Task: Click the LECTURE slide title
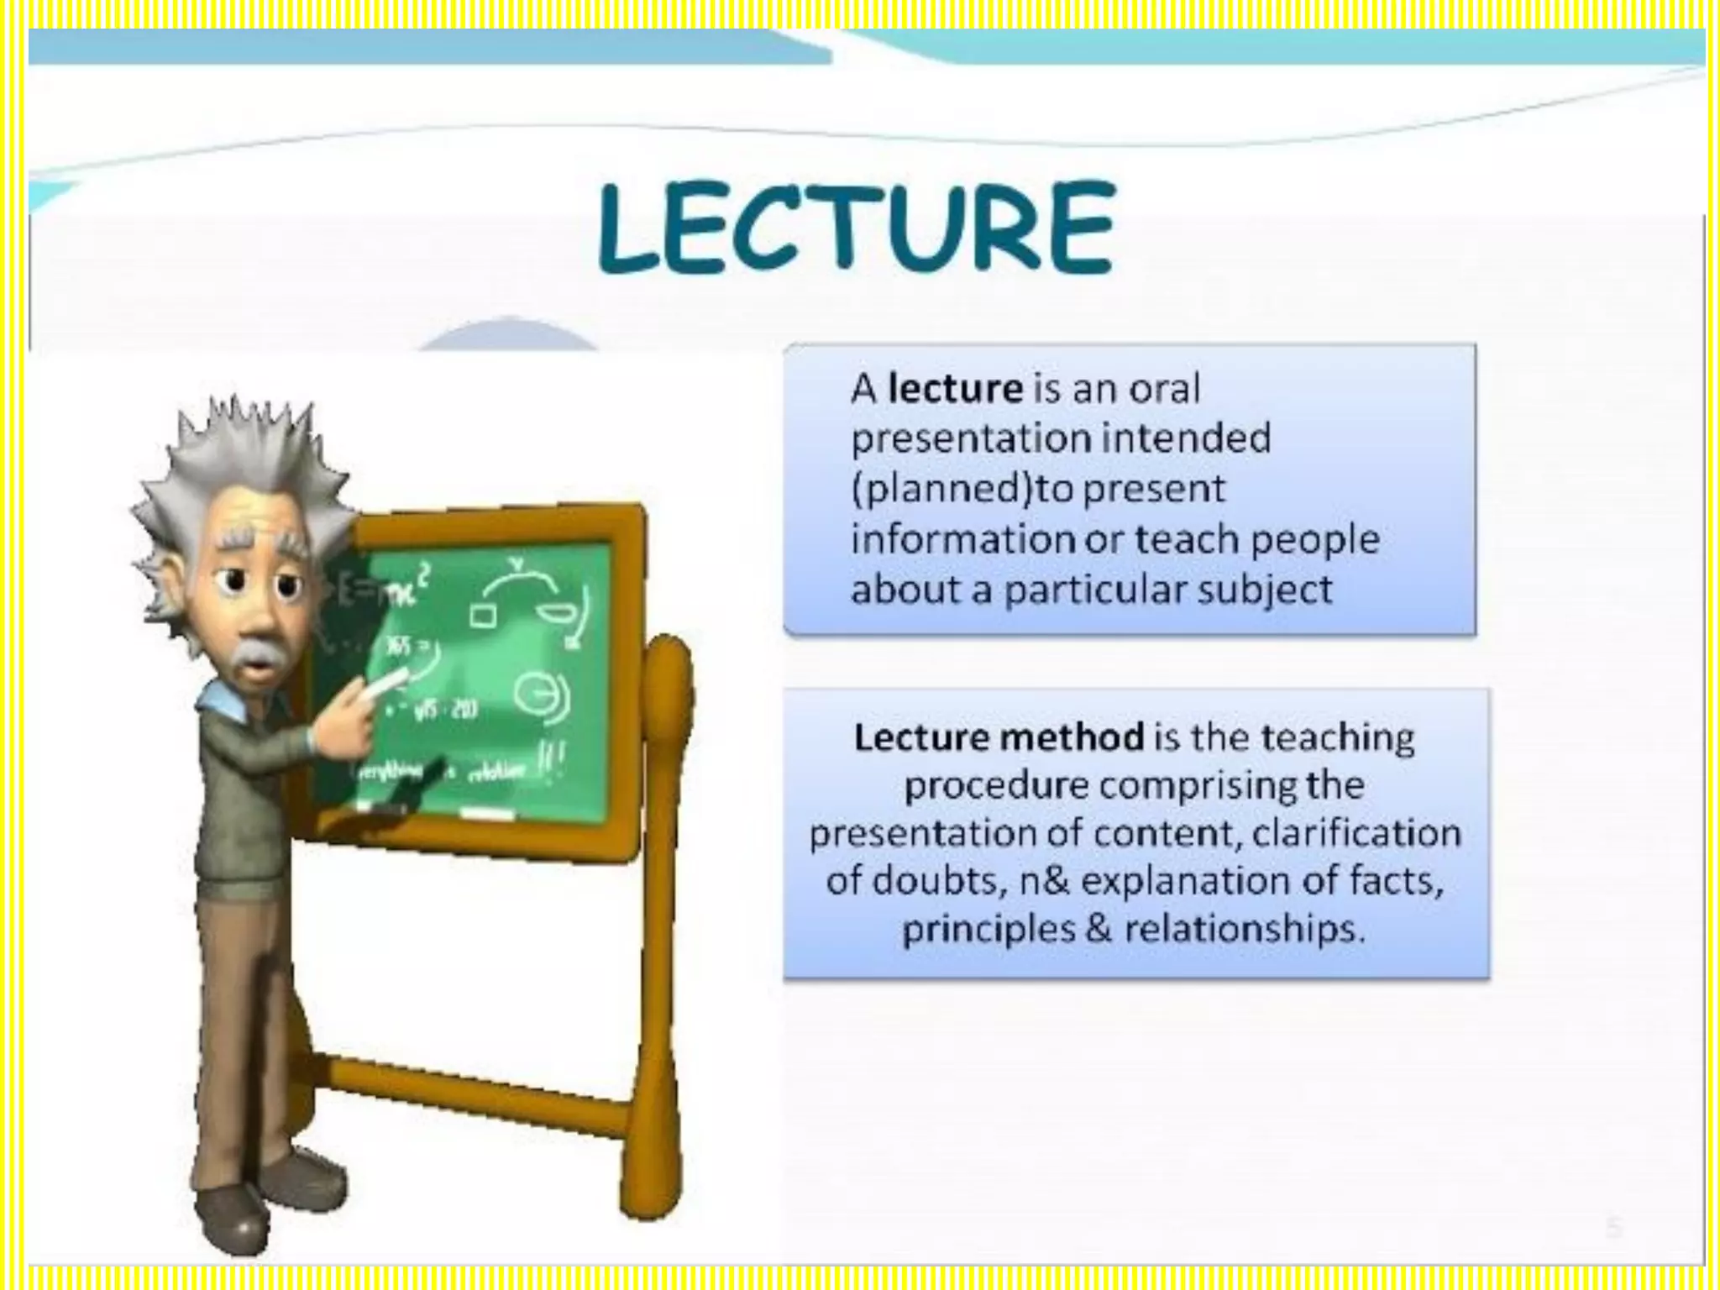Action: click(x=857, y=228)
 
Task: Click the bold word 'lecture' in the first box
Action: click(x=955, y=389)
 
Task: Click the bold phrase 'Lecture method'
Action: click(x=999, y=737)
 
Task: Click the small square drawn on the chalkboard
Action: click(x=482, y=615)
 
